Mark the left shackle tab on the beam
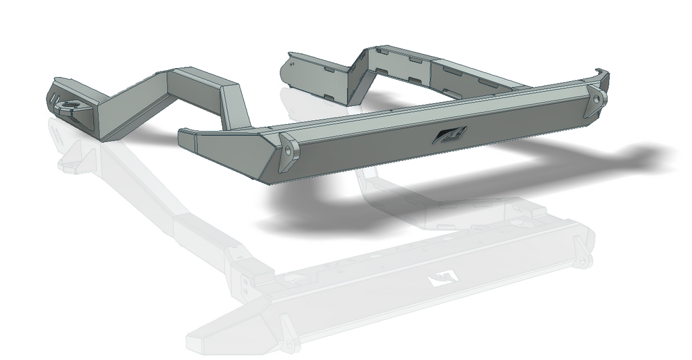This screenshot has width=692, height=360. pos(289,153)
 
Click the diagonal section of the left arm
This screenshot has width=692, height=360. pos(135,101)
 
